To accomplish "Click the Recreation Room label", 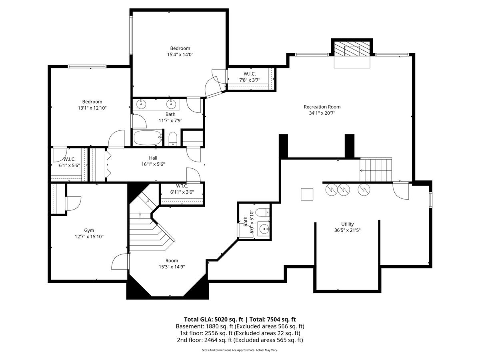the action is click(x=322, y=107).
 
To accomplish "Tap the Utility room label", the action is click(x=347, y=224).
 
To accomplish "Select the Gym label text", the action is click(x=89, y=230).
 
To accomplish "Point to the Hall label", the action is click(x=153, y=158).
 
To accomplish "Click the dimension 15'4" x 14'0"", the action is click(x=180, y=54).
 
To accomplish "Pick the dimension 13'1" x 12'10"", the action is click(x=92, y=108).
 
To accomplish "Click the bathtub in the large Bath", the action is click(x=148, y=138).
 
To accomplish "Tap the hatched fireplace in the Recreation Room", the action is click(x=352, y=51).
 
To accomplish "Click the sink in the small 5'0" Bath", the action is click(x=264, y=229).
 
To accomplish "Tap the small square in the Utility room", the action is click(x=307, y=194).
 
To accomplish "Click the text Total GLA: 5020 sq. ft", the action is click(x=214, y=320).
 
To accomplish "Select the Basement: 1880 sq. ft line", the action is click(x=240, y=326).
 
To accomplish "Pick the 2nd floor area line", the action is click(x=240, y=340).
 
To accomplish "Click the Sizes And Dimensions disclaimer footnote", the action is click(x=240, y=350).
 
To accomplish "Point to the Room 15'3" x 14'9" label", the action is click(x=172, y=264).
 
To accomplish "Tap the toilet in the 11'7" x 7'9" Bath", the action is click(x=172, y=138).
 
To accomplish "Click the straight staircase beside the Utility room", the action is click(x=376, y=169).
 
